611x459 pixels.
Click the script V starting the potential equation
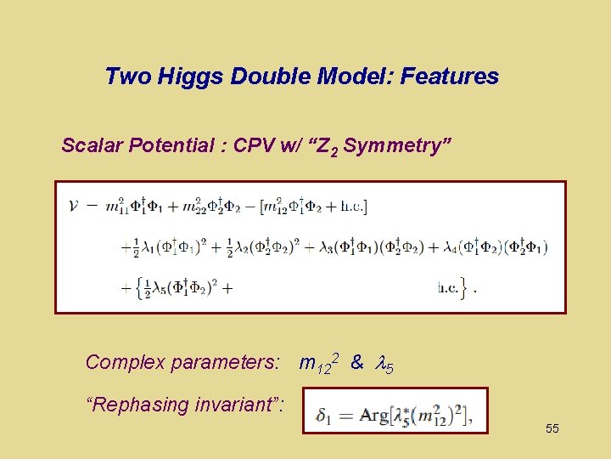click(75, 206)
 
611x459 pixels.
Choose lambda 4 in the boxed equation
click(451, 247)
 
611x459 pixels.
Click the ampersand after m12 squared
click(356, 363)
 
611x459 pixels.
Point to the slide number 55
click(552, 428)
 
